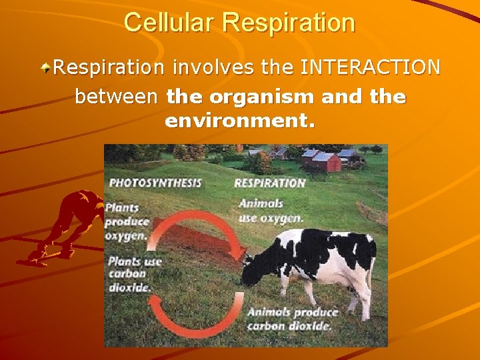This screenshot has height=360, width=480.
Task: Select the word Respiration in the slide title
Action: tap(290, 23)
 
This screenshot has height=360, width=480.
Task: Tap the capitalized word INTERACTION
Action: tap(371, 67)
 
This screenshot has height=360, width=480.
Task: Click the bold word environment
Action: tap(239, 122)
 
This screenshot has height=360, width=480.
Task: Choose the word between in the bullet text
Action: tap(117, 97)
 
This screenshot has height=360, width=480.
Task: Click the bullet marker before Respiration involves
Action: tap(46, 67)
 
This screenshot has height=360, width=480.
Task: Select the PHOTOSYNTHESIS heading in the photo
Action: tap(155, 183)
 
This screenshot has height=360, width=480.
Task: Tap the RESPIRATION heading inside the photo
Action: tap(269, 183)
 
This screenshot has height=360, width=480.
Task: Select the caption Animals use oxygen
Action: tap(271, 210)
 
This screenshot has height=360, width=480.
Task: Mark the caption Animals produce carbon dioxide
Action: tap(292, 319)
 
